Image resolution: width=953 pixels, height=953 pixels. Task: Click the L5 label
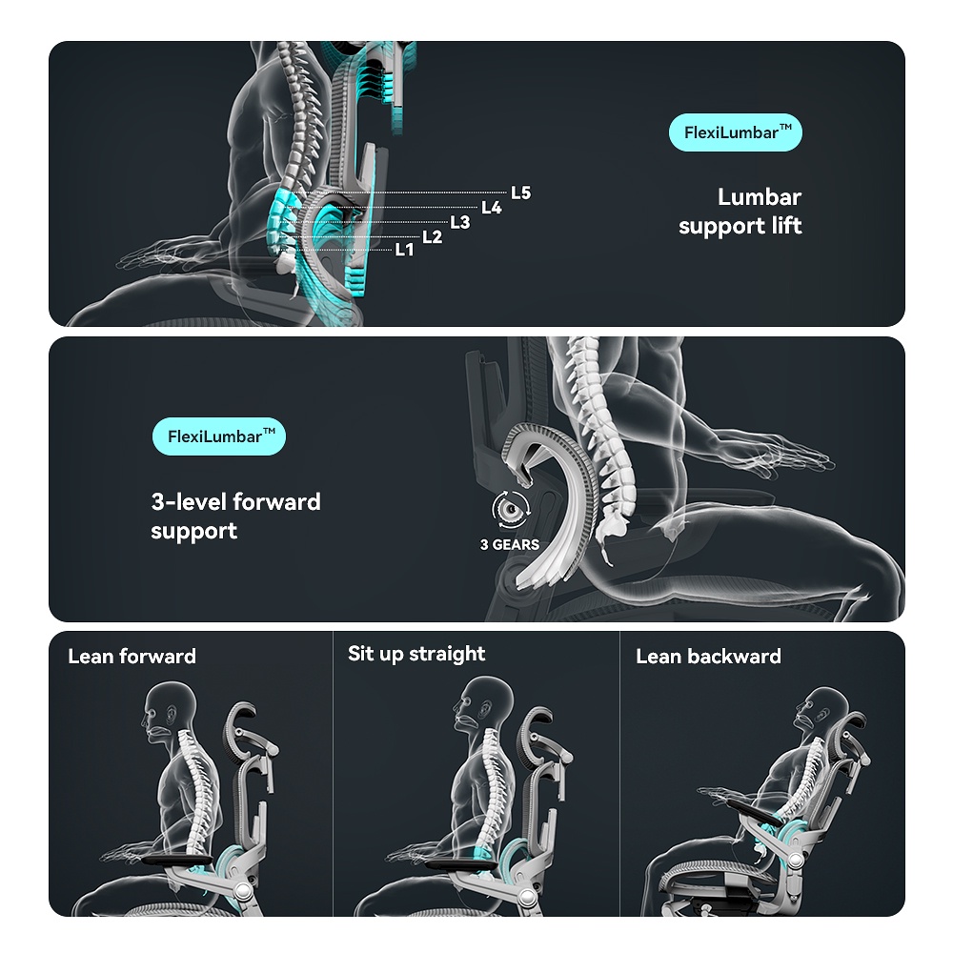click(x=520, y=193)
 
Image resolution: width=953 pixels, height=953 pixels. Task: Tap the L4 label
click(x=491, y=208)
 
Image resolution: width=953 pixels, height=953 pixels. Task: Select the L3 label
click(x=460, y=222)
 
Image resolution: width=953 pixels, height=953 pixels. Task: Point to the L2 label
click(x=432, y=236)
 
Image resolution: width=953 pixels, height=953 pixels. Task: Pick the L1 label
click(x=404, y=250)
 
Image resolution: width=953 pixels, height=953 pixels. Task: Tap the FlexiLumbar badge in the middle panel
click(x=219, y=437)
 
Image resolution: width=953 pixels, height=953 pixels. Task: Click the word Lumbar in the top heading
click(x=760, y=197)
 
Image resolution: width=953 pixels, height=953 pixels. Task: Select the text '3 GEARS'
click(x=509, y=545)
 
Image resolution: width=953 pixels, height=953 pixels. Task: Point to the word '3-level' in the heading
click(x=188, y=501)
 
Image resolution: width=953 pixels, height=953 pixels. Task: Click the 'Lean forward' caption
click(x=132, y=656)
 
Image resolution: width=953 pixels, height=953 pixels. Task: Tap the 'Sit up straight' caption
click(x=416, y=654)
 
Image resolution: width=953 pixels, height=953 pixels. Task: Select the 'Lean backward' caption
click(x=708, y=656)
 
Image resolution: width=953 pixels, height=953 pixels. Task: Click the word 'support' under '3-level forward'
click(x=194, y=531)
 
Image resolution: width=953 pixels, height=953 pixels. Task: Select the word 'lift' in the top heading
click(x=786, y=226)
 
